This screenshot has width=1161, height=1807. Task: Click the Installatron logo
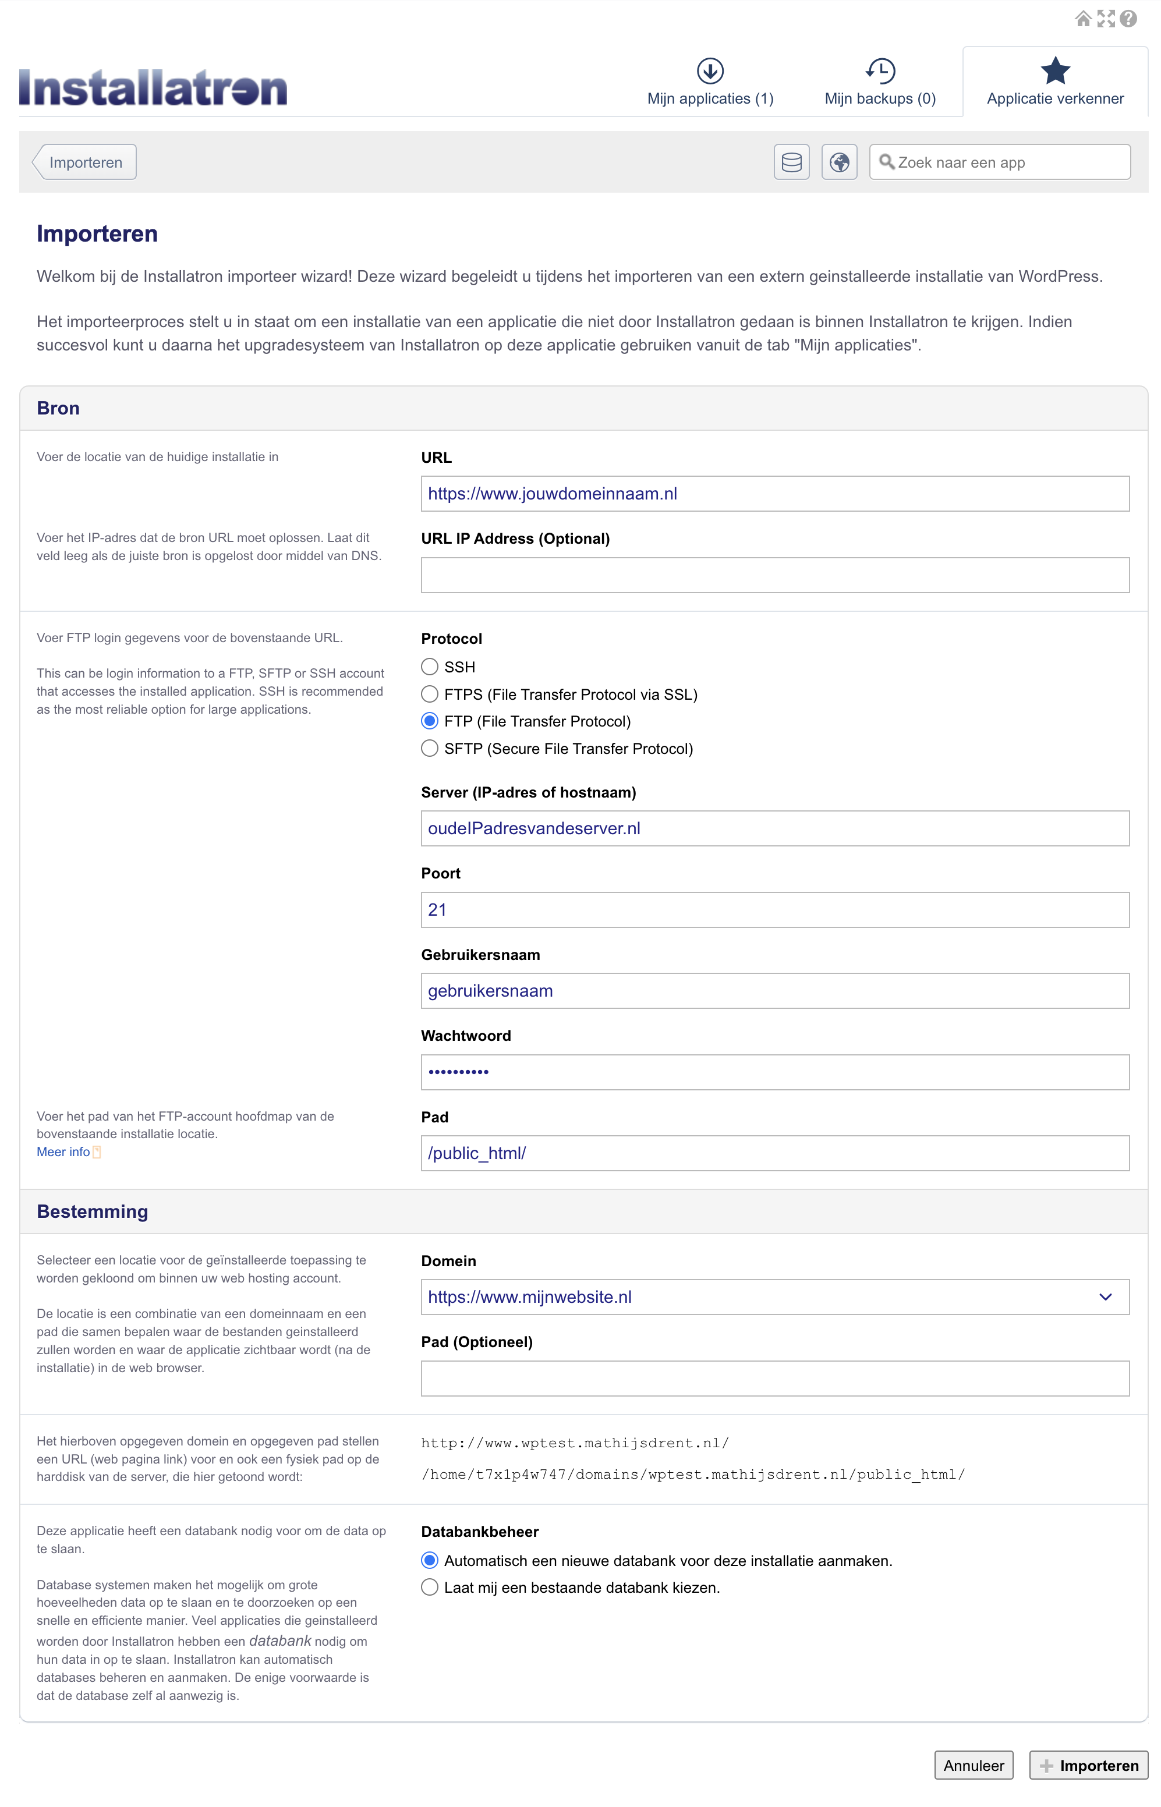[153, 88]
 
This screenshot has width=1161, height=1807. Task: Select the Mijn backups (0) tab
[880, 82]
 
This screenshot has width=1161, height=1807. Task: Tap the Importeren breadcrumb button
[85, 162]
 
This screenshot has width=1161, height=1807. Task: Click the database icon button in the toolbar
[791, 162]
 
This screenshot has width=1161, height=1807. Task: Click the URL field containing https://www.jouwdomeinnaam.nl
[774, 494]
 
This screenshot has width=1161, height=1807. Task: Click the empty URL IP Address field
[774, 575]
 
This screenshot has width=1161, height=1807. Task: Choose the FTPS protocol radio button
[430, 694]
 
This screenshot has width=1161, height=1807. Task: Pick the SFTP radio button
[430, 748]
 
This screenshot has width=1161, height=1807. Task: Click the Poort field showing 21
[774, 909]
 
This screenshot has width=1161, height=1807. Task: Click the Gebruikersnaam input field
[774, 991]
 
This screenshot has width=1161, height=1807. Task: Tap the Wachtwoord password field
[774, 1072]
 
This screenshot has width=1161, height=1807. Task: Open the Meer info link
[63, 1151]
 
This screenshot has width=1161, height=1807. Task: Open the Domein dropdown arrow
[1105, 1297]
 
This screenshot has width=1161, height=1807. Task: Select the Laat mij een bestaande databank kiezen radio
[430, 1587]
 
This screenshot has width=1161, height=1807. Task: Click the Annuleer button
[974, 1765]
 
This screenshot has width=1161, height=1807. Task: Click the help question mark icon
[1128, 19]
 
